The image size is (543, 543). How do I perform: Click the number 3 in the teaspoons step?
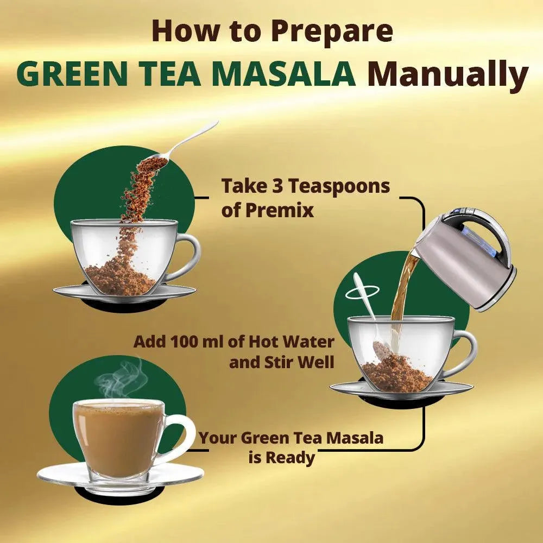pos(277,186)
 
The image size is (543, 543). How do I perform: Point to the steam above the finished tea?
pos(121,379)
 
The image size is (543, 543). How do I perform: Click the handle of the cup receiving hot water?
pos(462,353)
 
